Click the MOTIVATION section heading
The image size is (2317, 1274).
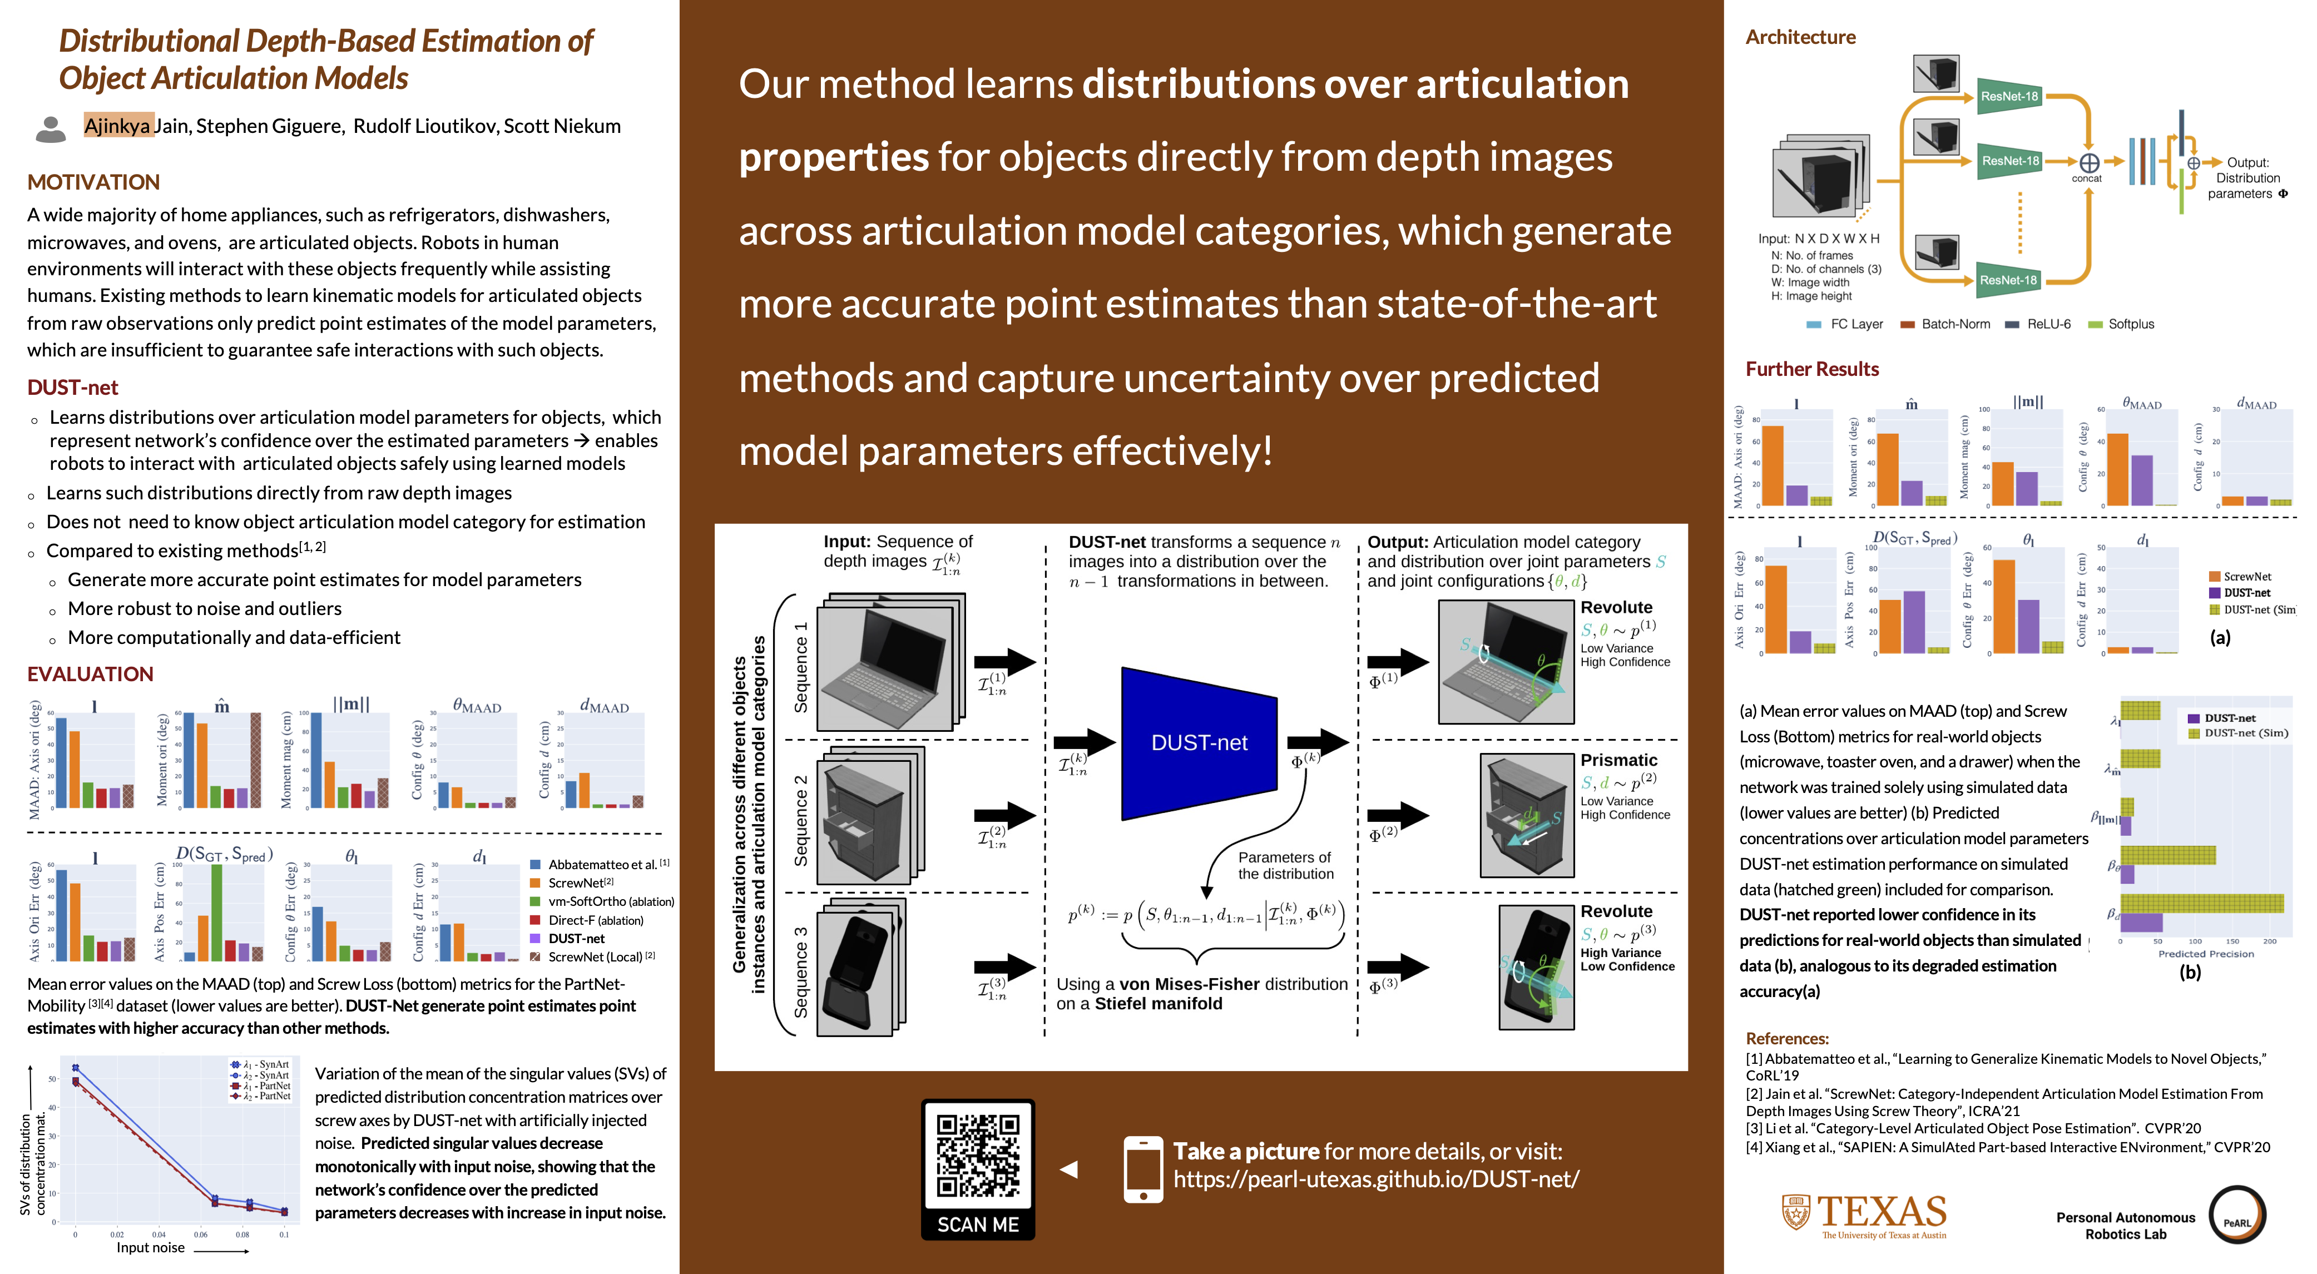93,182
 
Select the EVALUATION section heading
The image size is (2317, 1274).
90,675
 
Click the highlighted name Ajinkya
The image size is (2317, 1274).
118,126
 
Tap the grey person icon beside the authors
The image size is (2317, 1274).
51,128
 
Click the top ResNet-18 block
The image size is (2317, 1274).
2008,96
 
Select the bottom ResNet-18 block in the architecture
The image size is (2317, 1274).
2008,280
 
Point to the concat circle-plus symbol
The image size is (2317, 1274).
2088,163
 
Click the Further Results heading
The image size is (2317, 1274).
1811,370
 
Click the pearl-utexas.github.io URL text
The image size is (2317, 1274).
1375,1179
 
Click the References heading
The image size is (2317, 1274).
1786,1038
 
